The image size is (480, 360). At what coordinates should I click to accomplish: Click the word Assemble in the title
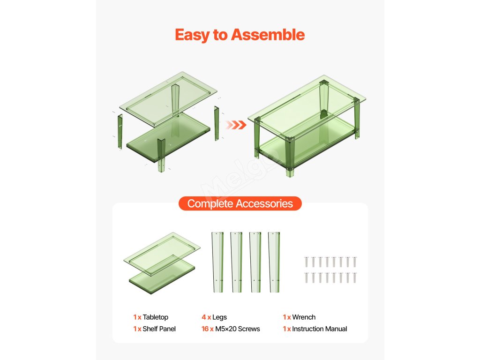point(268,35)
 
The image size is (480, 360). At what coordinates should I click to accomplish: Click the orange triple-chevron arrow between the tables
point(236,125)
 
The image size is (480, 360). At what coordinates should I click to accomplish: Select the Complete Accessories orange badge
point(240,203)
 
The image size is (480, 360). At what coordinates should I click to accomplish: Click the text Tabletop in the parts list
point(155,317)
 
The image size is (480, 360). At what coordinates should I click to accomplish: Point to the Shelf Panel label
point(159,329)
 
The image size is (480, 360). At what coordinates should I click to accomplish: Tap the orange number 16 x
point(207,329)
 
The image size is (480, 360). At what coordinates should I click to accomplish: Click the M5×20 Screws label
point(238,329)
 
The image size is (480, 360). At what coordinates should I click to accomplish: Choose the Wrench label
point(304,317)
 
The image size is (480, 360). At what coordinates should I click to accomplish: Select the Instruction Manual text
point(320,329)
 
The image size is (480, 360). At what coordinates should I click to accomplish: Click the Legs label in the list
point(219,317)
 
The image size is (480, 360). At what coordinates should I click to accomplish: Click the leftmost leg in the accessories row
point(217,262)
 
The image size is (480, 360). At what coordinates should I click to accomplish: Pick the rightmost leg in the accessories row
point(274,262)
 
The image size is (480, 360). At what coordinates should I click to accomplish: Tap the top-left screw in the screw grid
point(306,262)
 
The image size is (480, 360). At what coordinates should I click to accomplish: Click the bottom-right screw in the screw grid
point(354,277)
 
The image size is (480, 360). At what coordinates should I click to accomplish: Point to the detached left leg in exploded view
point(120,132)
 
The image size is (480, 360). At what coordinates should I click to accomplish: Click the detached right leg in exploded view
point(217,123)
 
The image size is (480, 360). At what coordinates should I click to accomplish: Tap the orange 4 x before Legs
point(206,317)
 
